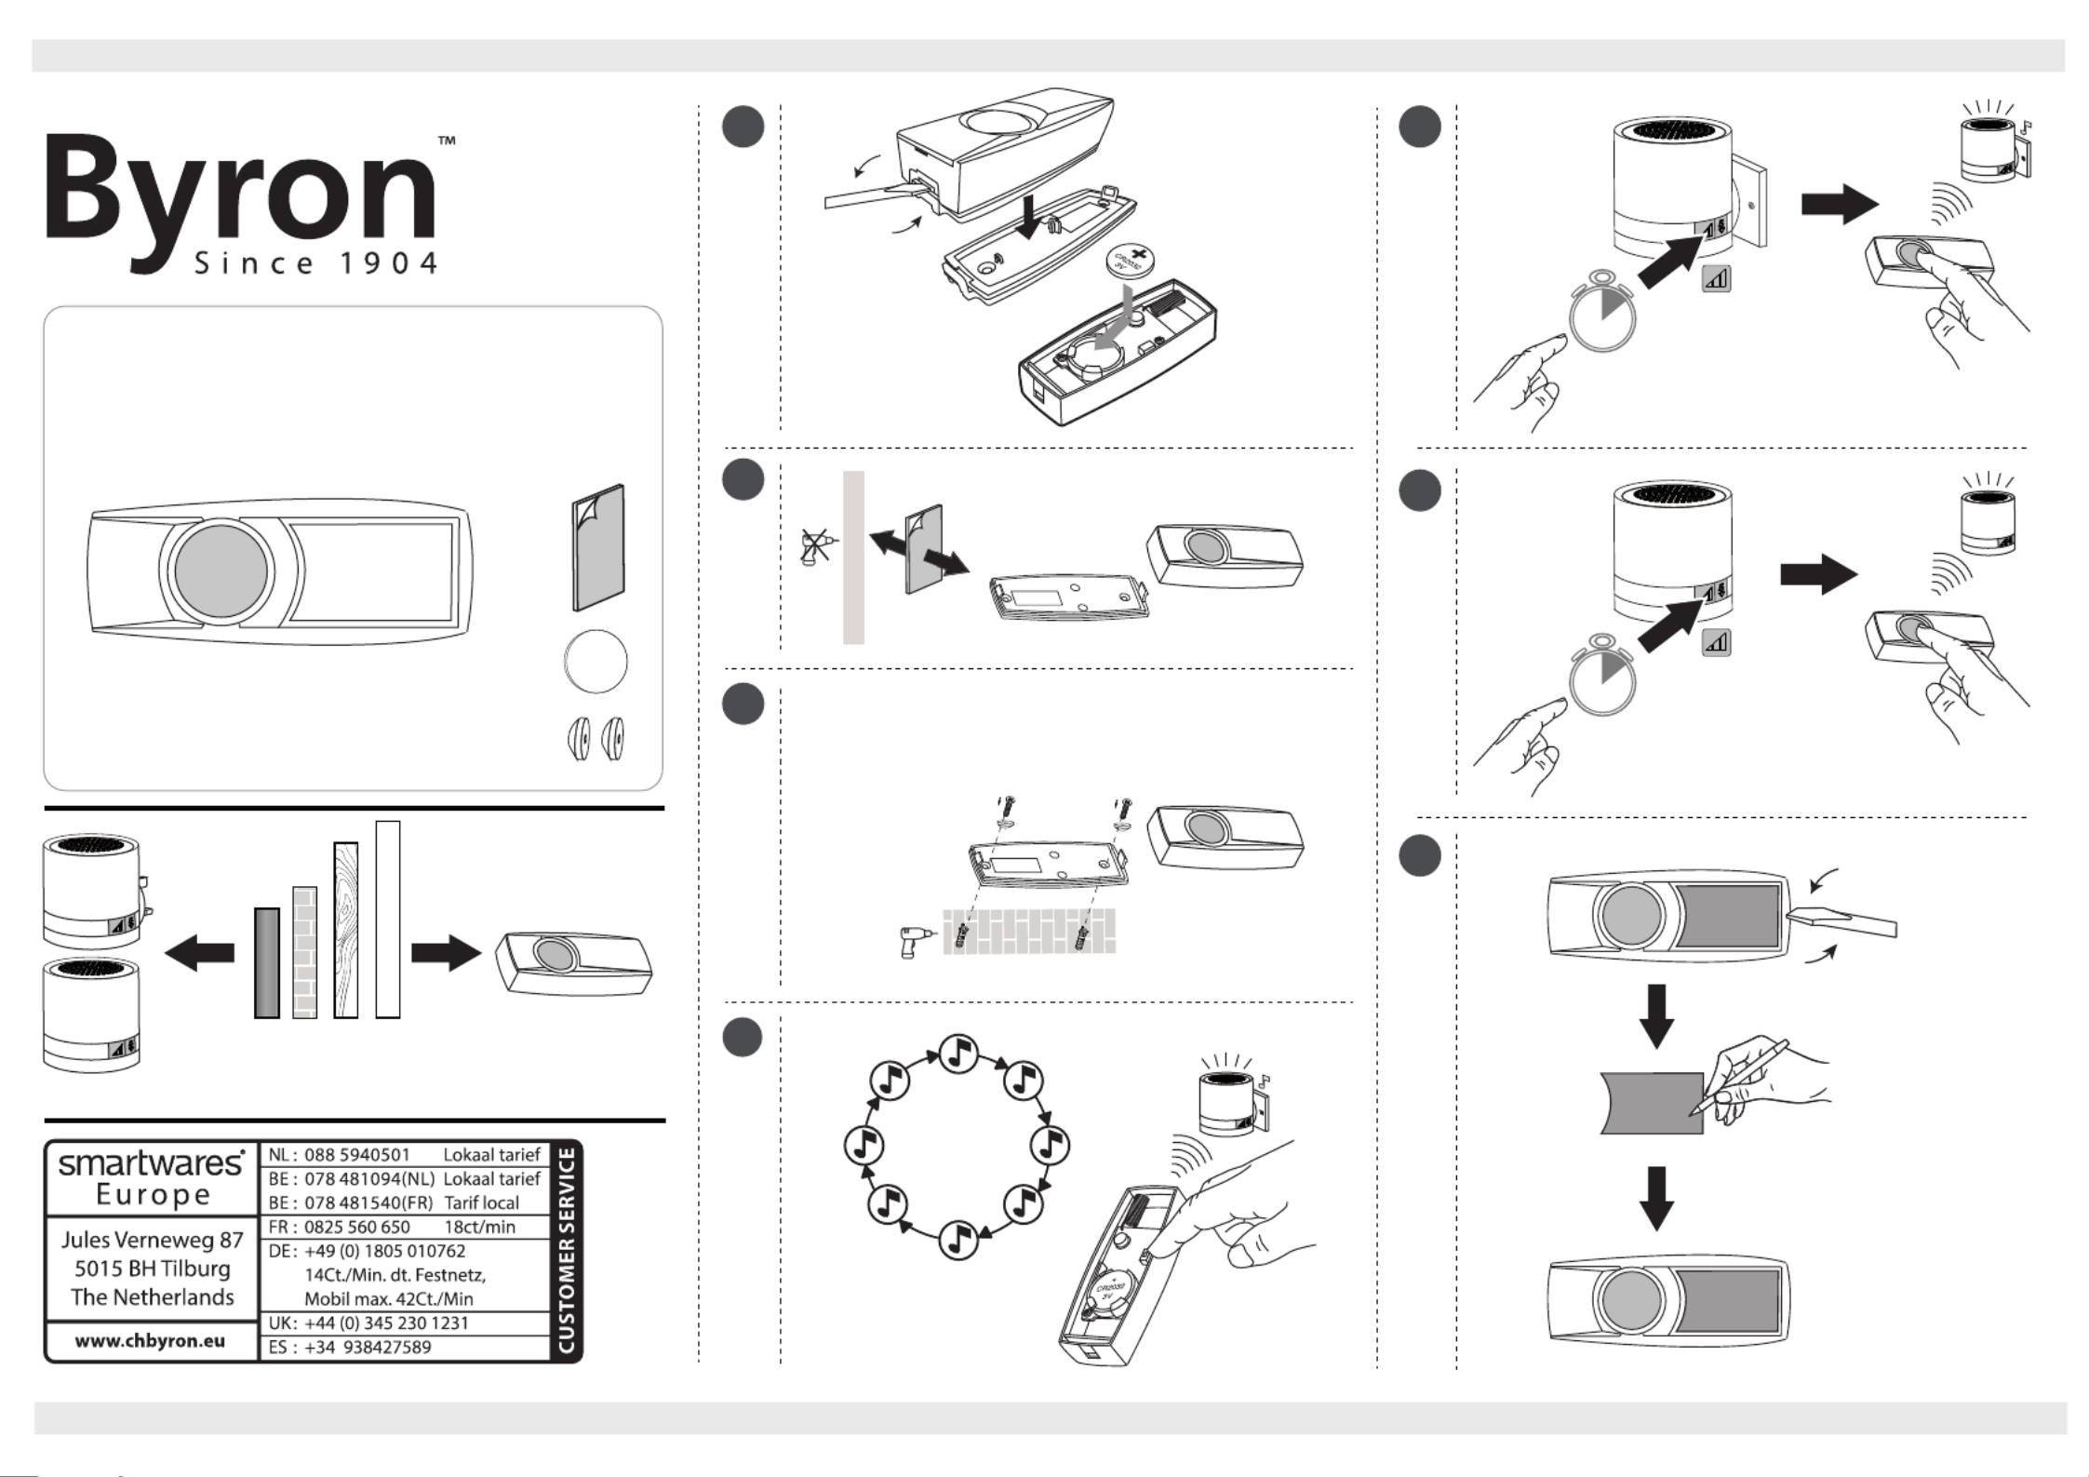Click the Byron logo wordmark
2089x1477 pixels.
(x=240, y=191)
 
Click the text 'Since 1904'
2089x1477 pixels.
(x=315, y=263)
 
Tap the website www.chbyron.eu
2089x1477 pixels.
(x=150, y=1341)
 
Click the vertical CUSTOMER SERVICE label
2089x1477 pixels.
(x=566, y=1250)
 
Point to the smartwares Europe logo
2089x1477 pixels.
(x=152, y=1177)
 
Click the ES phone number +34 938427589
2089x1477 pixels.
(x=368, y=1347)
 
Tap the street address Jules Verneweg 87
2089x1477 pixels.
(x=152, y=1240)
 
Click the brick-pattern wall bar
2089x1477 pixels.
(x=304, y=951)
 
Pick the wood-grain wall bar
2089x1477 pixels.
(x=345, y=929)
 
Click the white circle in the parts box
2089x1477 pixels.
(x=596, y=661)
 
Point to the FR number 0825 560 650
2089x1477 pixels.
(x=357, y=1227)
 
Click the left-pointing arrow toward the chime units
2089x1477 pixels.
(x=199, y=952)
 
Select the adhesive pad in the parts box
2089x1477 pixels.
(x=597, y=547)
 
